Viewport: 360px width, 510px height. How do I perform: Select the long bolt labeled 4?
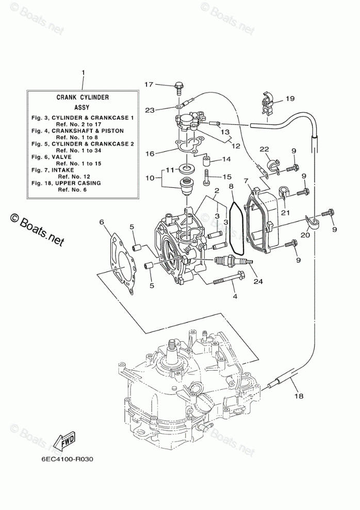click(230, 278)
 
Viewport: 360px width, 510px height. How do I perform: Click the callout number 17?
click(149, 85)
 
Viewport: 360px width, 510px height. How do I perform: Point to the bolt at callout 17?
click(179, 88)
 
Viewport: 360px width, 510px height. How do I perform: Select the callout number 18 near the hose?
click(299, 396)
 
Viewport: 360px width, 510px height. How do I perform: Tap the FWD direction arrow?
click(64, 442)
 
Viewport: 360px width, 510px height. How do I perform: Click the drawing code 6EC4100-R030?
click(67, 459)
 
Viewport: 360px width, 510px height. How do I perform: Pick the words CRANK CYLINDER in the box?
click(83, 97)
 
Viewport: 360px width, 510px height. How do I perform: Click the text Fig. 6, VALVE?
click(52, 157)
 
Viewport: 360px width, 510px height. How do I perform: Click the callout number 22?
click(264, 149)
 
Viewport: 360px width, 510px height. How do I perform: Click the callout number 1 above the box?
click(83, 73)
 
